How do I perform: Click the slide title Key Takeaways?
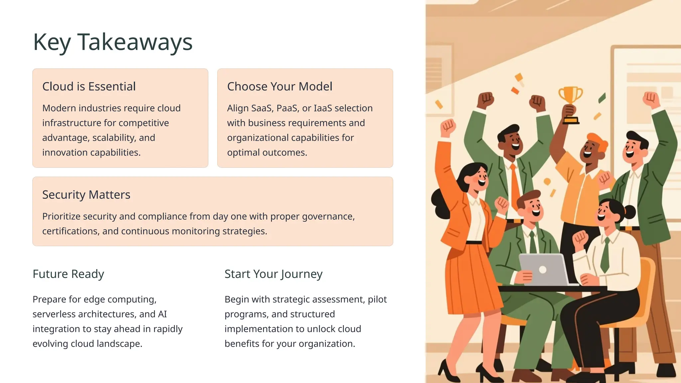coord(113,42)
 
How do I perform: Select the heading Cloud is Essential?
coord(89,86)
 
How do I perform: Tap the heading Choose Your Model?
coord(279,86)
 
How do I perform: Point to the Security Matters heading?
coord(86,194)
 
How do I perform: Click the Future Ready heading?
coord(68,274)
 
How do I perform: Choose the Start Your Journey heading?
coord(273,274)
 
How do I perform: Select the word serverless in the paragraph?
coord(52,314)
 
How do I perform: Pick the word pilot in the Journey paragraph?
coord(377,300)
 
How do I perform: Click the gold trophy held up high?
coord(570,100)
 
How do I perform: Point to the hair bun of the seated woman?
coord(629,212)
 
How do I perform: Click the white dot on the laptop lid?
coord(542,270)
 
